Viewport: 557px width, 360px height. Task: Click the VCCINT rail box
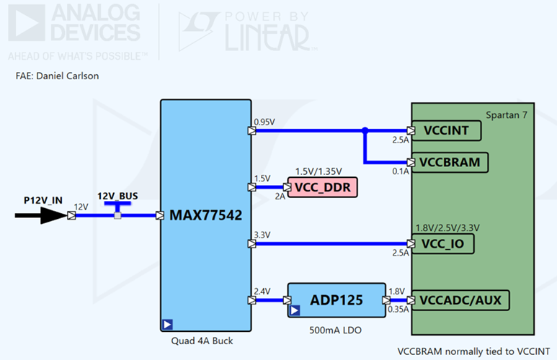pyautogui.click(x=448, y=131)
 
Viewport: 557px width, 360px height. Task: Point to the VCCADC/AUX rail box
pyautogui.click(x=464, y=300)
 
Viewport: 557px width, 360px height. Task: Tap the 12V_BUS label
pyautogui.click(x=117, y=196)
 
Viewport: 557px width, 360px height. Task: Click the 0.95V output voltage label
pyautogui.click(x=264, y=122)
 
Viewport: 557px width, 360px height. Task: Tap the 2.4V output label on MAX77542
pyautogui.click(x=262, y=291)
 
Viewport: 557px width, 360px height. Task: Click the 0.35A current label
pyautogui.click(x=398, y=310)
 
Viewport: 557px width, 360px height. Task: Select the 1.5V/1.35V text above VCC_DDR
pyautogui.click(x=319, y=172)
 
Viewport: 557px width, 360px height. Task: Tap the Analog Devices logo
pyautogui.click(x=76, y=30)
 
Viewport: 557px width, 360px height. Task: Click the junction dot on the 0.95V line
pyautogui.click(x=365, y=131)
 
